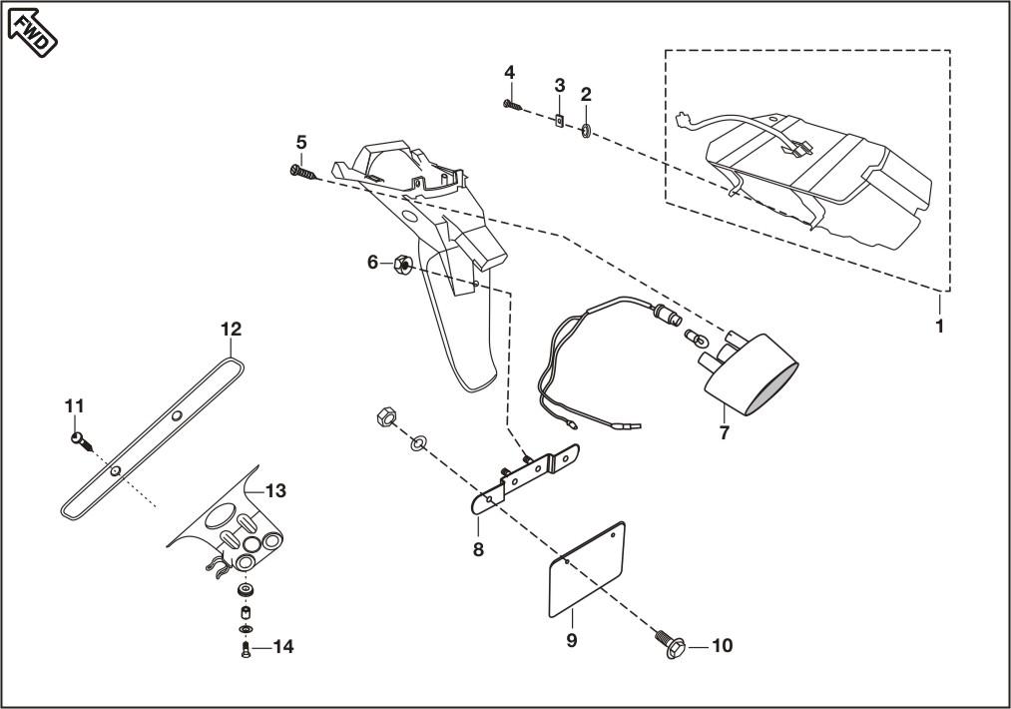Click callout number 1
click(939, 327)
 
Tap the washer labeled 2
click(586, 131)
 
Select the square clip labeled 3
click(559, 120)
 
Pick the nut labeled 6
click(402, 264)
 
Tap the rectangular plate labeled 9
click(588, 569)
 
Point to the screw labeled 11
click(82, 442)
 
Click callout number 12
click(232, 329)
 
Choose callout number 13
click(276, 491)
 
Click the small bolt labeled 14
click(245, 650)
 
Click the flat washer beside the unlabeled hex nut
click(416, 442)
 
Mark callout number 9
click(572, 640)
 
